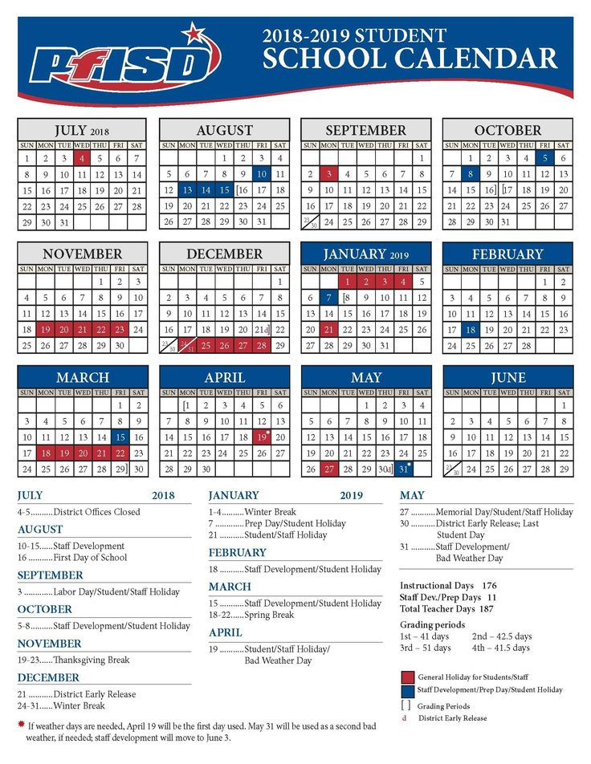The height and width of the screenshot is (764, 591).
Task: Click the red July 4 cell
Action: (x=82, y=158)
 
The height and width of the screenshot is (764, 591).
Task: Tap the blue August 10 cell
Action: (x=261, y=173)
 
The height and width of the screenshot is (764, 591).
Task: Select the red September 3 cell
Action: (x=328, y=173)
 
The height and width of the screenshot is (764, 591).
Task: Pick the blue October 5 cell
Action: (x=544, y=158)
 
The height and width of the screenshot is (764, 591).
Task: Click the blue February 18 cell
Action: (x=471, y=329)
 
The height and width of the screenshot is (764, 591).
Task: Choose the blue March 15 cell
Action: (x=120, y=437)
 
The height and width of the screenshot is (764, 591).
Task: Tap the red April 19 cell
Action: (x=261, y=437)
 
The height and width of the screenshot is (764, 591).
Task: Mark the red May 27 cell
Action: (x=328, y=469)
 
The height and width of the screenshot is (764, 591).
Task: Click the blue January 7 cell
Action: (x=328, y=298)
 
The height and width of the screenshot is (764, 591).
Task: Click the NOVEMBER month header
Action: (x=82, y=254)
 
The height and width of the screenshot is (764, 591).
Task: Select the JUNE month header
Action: (x=507, y=377)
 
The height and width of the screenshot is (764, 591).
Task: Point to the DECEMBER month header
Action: (x=224, y=254)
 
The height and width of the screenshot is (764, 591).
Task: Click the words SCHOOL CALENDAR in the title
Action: (x=410, y=59)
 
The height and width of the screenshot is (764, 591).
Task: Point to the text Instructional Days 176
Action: (x=448, y=586)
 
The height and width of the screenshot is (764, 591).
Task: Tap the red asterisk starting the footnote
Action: (x=21, y=725)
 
